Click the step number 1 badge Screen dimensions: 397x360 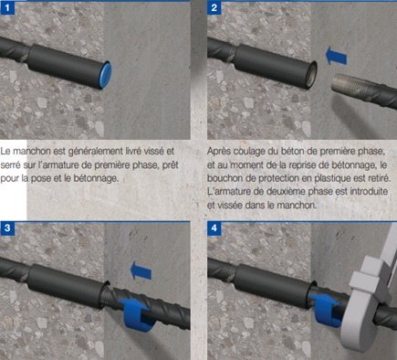7,8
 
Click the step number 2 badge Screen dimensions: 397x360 214,8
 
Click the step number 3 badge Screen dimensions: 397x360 7,228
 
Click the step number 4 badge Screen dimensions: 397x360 214,228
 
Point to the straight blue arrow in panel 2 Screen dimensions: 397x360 336,56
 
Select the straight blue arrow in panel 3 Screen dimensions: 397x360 141,270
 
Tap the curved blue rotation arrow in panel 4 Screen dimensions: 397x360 325,308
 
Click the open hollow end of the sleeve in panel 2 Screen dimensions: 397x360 311,75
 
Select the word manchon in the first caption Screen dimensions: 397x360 32,152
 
